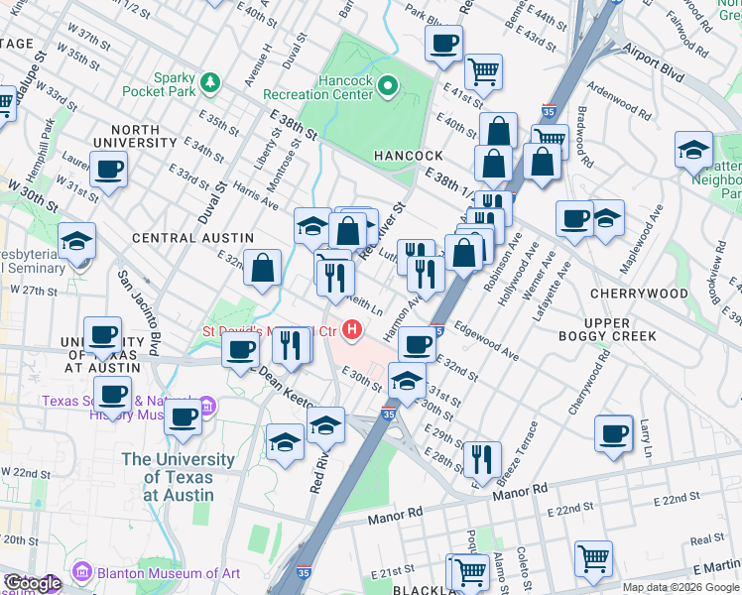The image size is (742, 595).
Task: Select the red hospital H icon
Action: click(x=351, y=329)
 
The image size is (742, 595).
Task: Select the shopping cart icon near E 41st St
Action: click(x=483, y=69)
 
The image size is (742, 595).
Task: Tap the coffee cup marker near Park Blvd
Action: click(x=443, y=43)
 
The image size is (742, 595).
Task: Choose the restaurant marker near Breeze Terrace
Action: click(x=482, y=458)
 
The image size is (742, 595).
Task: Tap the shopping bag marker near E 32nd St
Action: click(x=262, y=268)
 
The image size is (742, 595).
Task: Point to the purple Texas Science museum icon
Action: click(x=207, y=407)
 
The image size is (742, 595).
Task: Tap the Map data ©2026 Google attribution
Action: click(x=680, y=587)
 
